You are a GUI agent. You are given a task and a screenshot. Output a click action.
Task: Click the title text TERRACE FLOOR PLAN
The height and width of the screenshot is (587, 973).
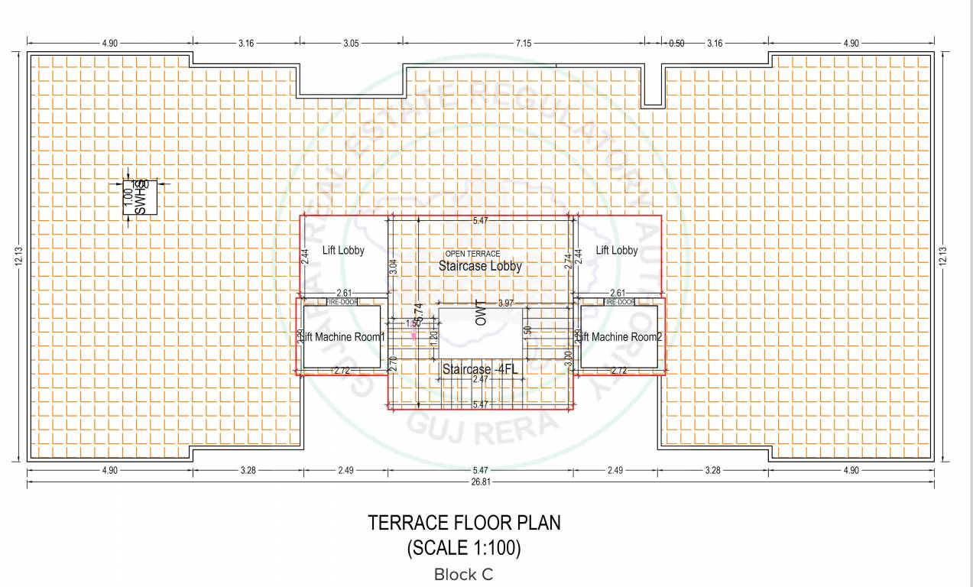point(464,524)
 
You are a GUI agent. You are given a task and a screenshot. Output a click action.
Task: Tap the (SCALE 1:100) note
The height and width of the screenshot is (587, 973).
point(464,547)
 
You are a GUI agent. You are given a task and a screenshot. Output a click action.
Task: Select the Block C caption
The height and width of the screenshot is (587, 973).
point(464,574)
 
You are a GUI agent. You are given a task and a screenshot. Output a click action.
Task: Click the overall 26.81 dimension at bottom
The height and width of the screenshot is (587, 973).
point(480,482)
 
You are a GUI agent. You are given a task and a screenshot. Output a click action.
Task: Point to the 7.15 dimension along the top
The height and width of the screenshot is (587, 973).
point(523,44)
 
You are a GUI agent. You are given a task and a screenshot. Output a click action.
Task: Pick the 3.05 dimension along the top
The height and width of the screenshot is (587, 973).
point(350,44)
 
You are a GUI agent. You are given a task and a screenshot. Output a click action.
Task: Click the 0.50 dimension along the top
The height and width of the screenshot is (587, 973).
point(676,44)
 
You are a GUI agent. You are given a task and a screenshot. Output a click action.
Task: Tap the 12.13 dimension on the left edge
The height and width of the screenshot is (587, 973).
point(17,256)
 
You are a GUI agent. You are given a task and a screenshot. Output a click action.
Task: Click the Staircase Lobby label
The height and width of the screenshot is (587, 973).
point(480,267)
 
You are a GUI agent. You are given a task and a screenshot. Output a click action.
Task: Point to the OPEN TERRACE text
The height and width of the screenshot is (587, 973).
point(472,254)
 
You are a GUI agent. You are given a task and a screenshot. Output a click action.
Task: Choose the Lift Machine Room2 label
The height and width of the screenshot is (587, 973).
point(618,337)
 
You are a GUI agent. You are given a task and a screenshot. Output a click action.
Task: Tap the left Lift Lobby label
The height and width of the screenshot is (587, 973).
point(343,250)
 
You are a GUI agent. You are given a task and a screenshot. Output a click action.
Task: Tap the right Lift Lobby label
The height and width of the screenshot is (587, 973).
point(616,250)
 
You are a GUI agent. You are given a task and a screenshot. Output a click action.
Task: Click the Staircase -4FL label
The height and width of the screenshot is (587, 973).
point(480,369)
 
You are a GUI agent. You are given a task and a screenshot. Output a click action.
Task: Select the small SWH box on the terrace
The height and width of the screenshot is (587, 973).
point(141,197)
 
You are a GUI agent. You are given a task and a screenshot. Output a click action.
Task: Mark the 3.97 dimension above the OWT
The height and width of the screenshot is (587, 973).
point(505,304)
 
